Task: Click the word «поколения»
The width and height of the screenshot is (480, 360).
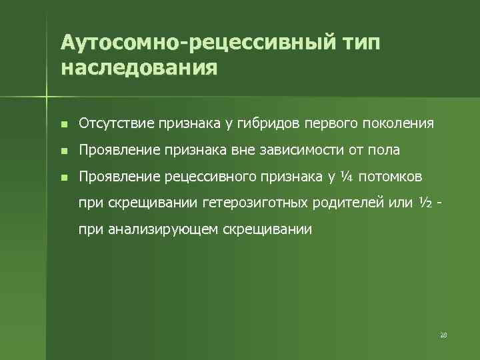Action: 399,123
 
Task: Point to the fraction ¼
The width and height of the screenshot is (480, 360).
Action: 347,177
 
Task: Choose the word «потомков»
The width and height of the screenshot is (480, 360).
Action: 397,177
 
